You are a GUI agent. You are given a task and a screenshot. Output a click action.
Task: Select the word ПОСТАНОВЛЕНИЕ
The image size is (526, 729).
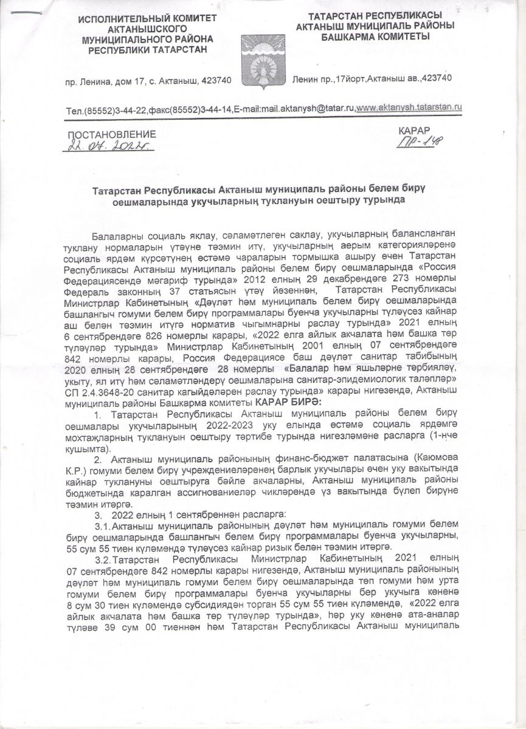pyautogui.click(x=111, y=134)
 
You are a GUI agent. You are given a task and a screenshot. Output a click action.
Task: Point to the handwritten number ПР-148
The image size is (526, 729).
pyautogui.click(x=420, y=141)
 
